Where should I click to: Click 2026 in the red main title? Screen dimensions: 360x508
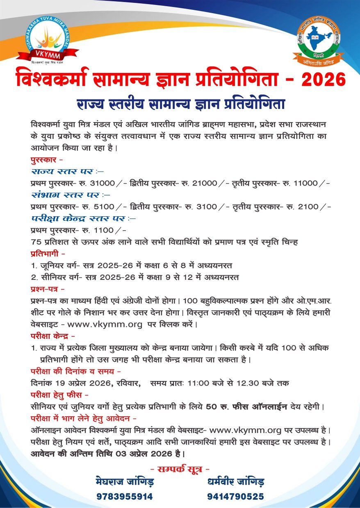[x=324, y=79]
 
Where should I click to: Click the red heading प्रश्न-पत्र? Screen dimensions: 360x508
[x=46, y=289]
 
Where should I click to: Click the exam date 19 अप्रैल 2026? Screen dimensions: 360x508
[x=80, y=383]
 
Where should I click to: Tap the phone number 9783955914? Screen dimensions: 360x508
[x=125, y=497]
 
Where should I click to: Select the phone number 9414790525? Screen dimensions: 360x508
[x=235, y=497]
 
